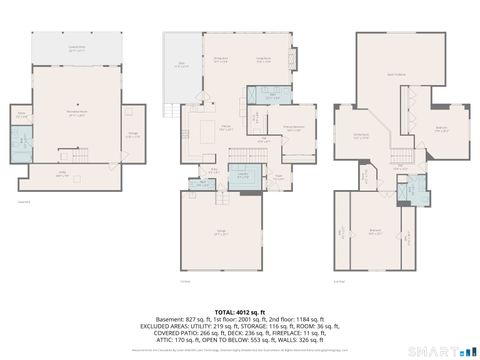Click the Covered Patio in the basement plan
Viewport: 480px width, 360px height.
tap(76, 47)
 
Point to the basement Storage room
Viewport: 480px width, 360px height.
tap(132, 136)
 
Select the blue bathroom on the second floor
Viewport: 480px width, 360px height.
tap(410, 187)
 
